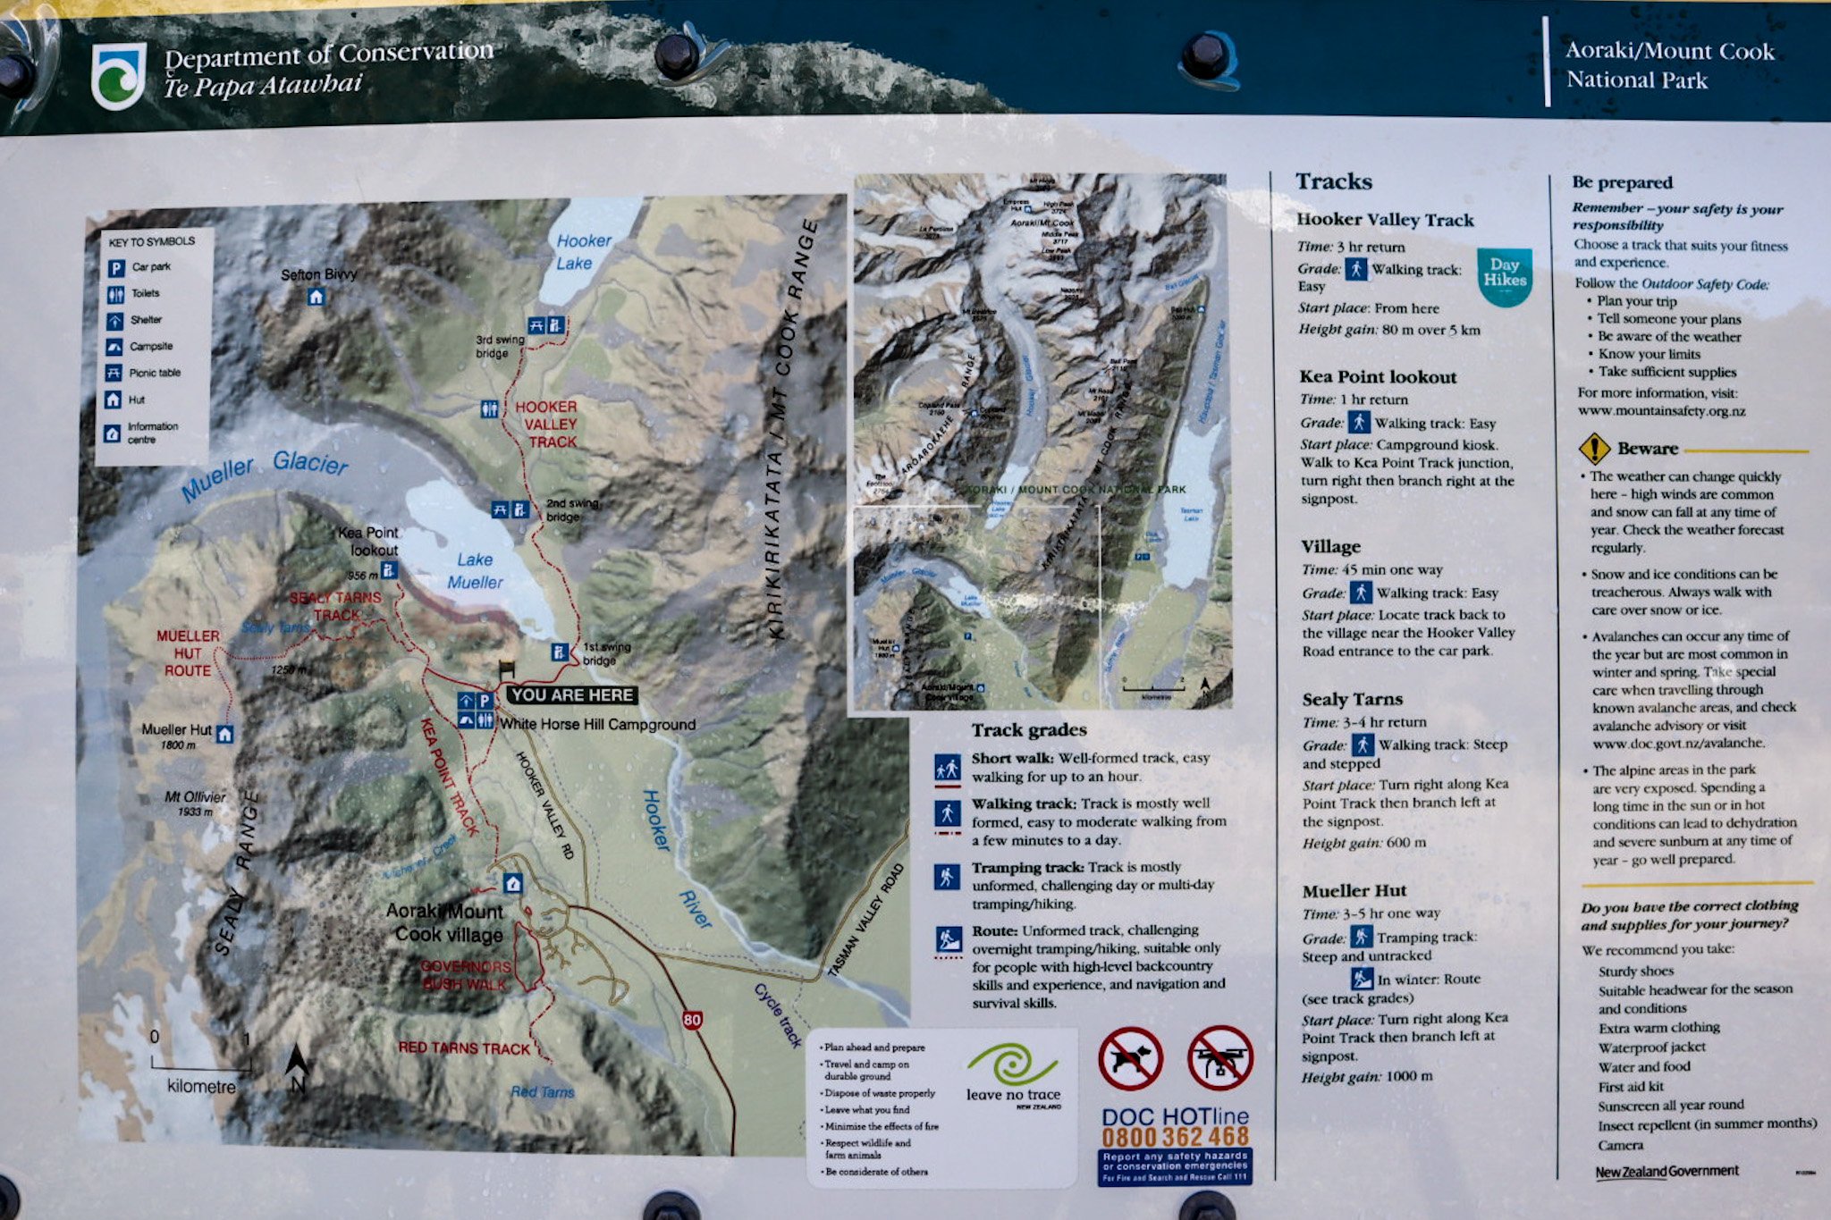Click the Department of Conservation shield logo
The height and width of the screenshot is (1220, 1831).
(118, 76)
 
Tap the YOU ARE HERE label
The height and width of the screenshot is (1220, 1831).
(572, 695)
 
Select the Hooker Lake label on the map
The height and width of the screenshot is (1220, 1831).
(582, 252)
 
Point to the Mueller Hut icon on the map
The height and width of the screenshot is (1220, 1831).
(224, 734)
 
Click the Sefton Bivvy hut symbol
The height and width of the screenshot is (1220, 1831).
(316, 297)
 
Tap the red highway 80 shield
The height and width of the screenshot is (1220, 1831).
(692, 1020)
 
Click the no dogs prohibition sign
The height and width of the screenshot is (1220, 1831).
(1130, 1059)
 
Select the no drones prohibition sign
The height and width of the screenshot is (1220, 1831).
(1220, 1058)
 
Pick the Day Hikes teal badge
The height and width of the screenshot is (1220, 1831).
(1504, 273)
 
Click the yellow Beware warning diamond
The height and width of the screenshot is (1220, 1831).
(1594, 449)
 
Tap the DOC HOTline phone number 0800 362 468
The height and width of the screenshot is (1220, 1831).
(1175, 1137)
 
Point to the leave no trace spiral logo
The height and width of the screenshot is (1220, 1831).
(1013, 1065)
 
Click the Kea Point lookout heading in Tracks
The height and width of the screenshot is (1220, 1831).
(1378, 377)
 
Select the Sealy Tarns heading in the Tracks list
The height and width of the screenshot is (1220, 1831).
(1352, 700)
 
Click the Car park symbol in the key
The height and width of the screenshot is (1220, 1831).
(115, 267)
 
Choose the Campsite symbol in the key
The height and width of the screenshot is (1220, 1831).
(114, 347)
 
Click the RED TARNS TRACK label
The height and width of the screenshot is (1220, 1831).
(464, 1048)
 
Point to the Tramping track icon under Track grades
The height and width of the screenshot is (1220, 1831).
(947, 877)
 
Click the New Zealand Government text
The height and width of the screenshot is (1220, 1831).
(1666, 1171)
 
